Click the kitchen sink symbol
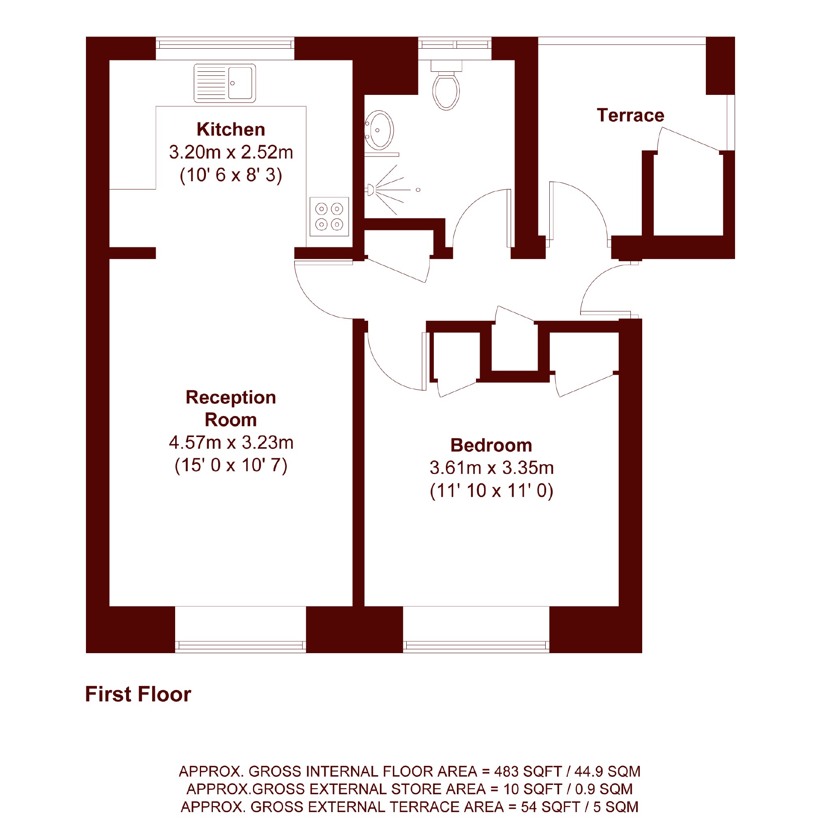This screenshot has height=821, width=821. (x=224, y=83)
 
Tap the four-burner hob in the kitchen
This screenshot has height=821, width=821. (x=329, y=217)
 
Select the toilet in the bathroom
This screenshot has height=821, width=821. (x=446, y=85)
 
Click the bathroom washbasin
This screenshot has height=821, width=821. (x=379, y=131)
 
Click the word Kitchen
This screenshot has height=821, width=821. (x=231, y=130)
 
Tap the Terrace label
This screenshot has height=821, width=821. (x=630, y=116)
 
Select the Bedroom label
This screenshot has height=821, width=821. (x=491, y=445)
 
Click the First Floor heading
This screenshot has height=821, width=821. (x=138, y=695)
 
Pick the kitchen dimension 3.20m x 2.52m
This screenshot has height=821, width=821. (x=231, y=152)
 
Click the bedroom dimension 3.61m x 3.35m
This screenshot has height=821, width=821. (x=492, y=468)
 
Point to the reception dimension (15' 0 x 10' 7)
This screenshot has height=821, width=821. (x=231, y=465)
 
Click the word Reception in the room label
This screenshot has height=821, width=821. (x=231, y=397)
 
